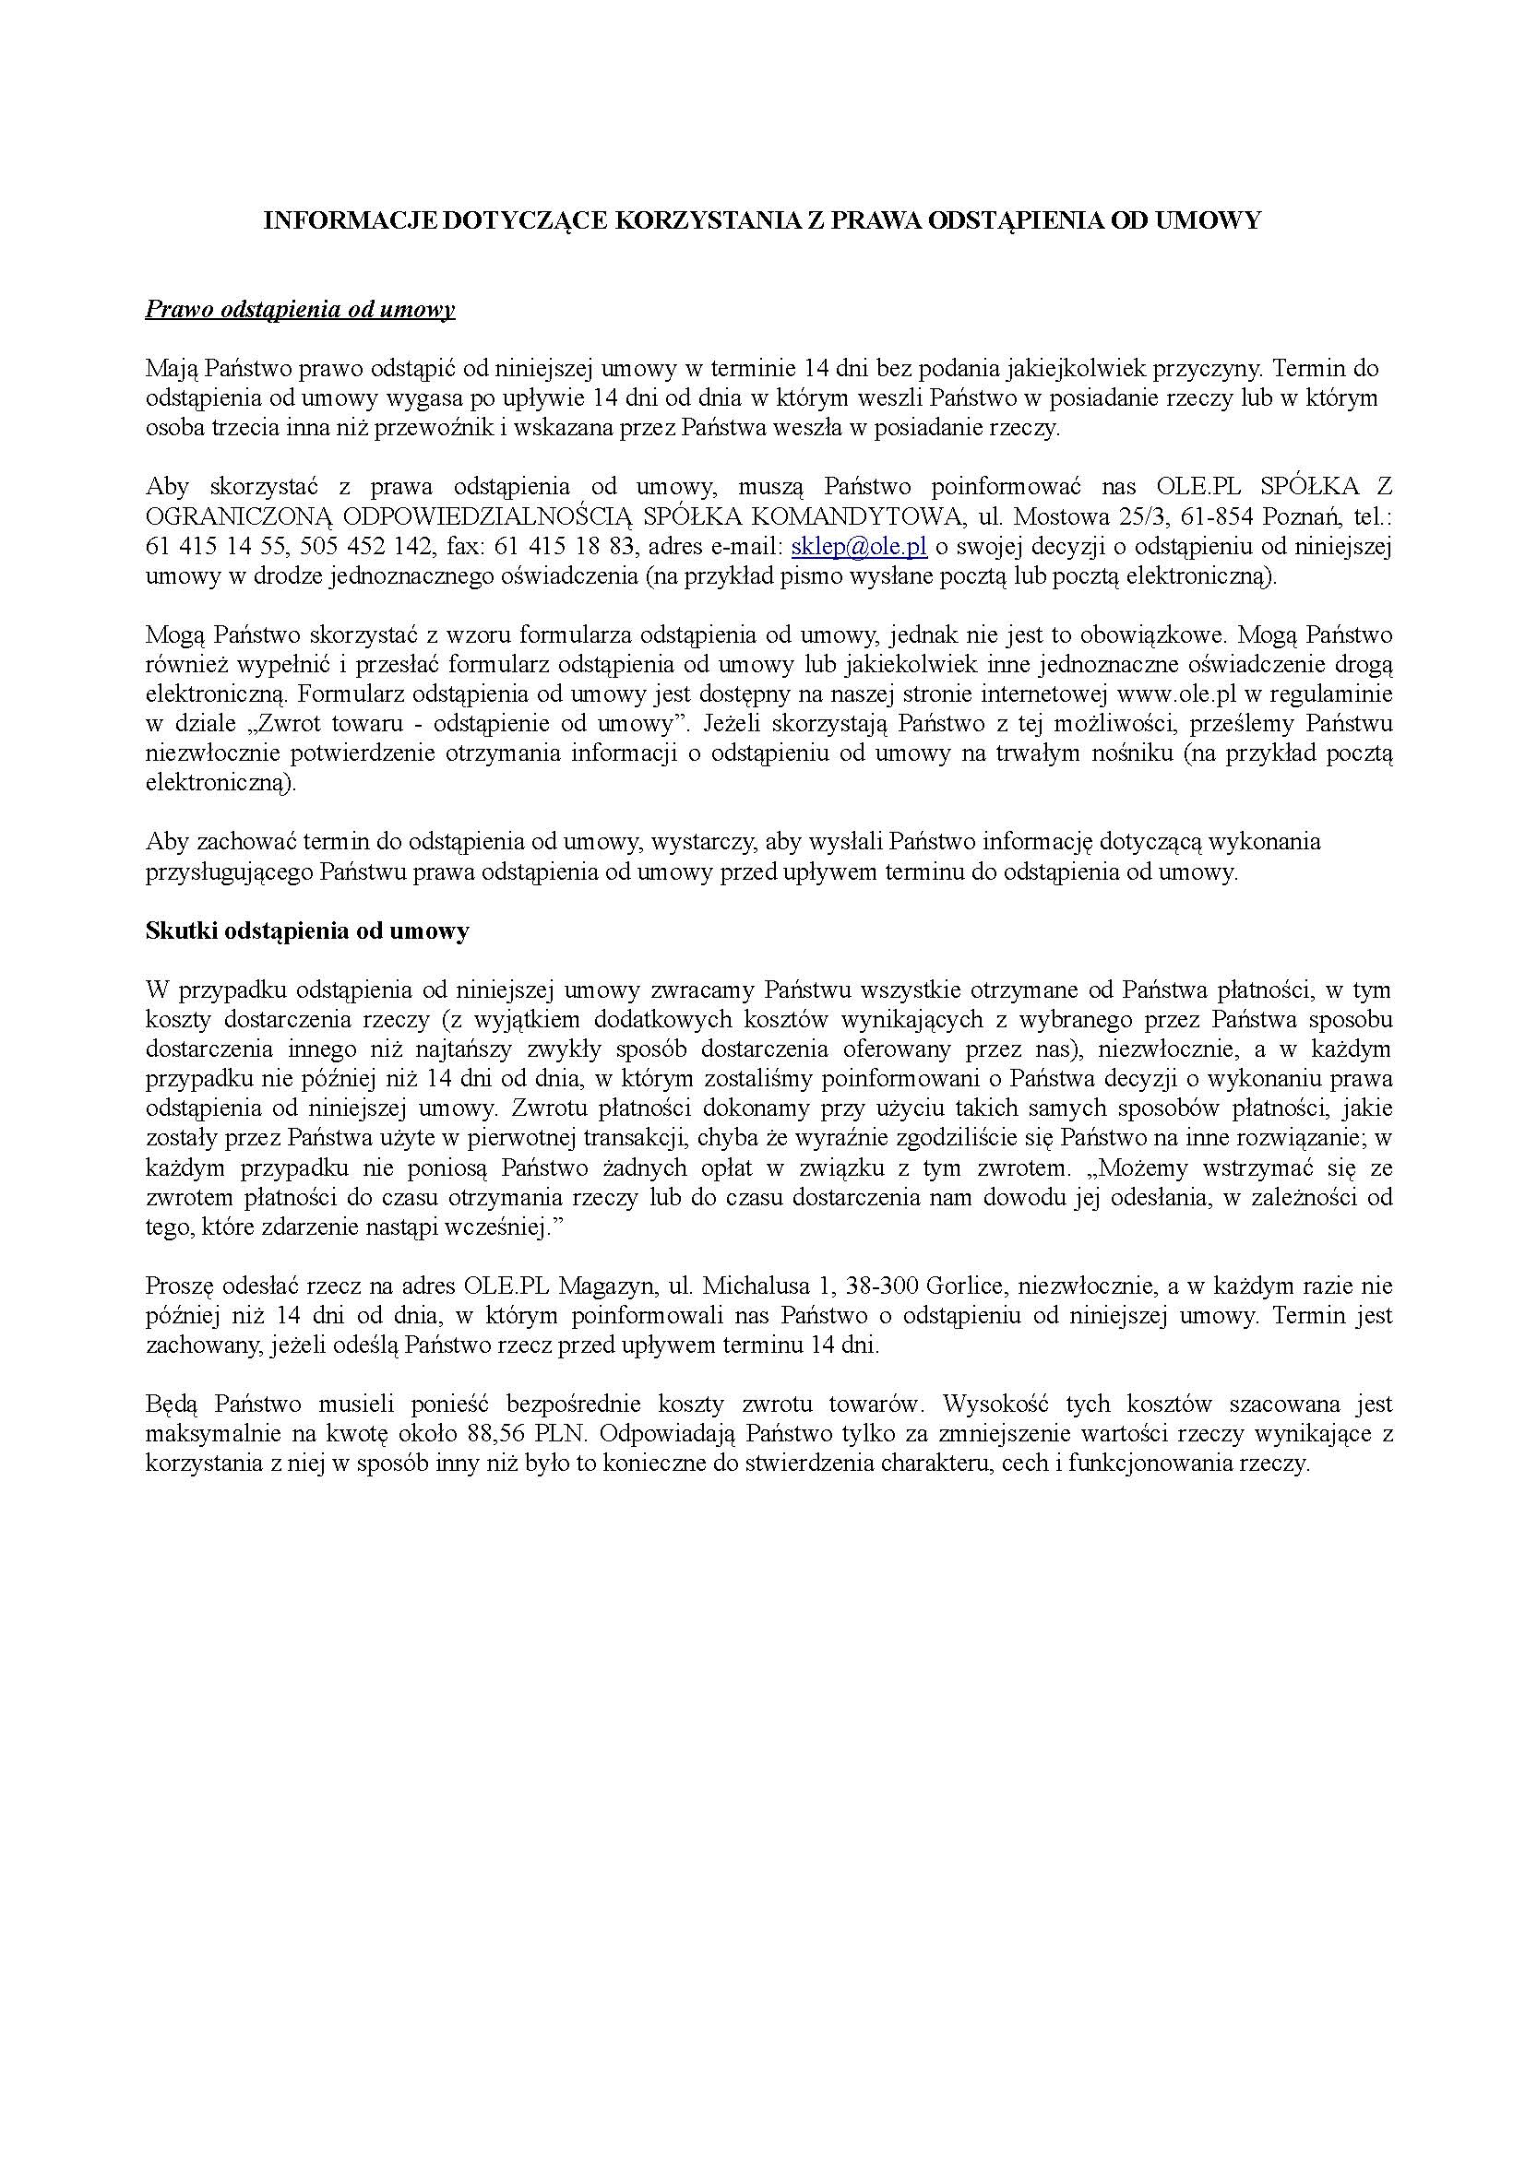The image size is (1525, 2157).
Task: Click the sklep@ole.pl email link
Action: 860,546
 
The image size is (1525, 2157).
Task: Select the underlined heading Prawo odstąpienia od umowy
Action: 300,310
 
